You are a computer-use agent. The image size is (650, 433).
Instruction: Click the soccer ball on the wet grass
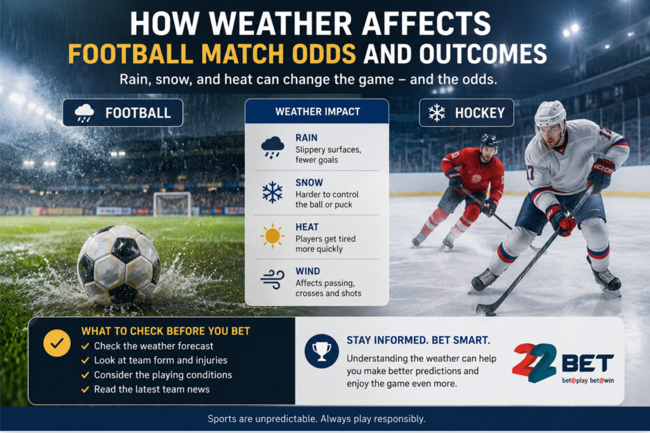(119, 266)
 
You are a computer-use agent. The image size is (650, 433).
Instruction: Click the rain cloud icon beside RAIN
(272, 147)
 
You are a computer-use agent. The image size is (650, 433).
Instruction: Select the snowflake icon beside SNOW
(272, 192)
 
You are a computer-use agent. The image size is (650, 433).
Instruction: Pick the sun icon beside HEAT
(272, 236)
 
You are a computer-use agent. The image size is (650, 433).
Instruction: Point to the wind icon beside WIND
(272, 279)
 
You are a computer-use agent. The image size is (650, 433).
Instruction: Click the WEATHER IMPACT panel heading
(317, 112)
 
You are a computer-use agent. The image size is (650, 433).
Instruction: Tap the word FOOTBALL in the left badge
(138, 113)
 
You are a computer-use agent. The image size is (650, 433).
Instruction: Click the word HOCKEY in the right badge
(480, 113)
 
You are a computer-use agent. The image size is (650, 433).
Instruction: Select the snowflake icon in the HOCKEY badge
(437, 113)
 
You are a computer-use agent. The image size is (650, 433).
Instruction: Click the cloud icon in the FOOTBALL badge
(84, 113)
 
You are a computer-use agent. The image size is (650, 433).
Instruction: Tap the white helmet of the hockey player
(550, 114)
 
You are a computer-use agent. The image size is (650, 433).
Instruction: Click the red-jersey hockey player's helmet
(488, 141)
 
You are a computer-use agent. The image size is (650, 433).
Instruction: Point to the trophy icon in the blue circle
(321, 351)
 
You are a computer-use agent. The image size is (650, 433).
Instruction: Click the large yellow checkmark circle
(56, 343)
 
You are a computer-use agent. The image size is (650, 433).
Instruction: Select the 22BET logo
(563, 363)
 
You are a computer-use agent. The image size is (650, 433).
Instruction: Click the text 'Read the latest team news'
(152, 389)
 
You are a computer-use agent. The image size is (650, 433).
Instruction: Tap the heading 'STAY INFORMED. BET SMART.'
(418, 340)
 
